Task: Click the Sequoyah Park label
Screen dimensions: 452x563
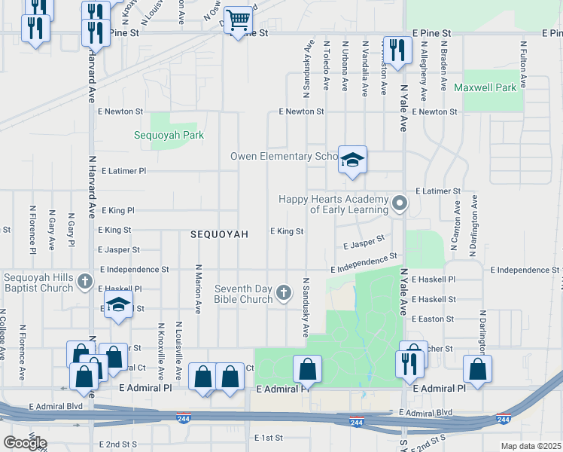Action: tap(169, 135)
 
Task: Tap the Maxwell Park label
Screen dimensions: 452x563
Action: tap(485, 87)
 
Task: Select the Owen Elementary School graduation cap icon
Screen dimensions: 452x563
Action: tap(351, 160)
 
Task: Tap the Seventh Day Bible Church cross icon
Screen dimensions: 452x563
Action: tap(284, 292)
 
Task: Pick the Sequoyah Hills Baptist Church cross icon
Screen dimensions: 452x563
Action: tap(85, 282)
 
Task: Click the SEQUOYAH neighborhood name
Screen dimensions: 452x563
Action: tap(219, 234)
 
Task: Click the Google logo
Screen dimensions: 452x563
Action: tap(25, 442)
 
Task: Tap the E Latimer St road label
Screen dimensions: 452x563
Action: tap(437, 192)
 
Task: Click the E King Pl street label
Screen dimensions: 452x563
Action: tap(116, 211)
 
